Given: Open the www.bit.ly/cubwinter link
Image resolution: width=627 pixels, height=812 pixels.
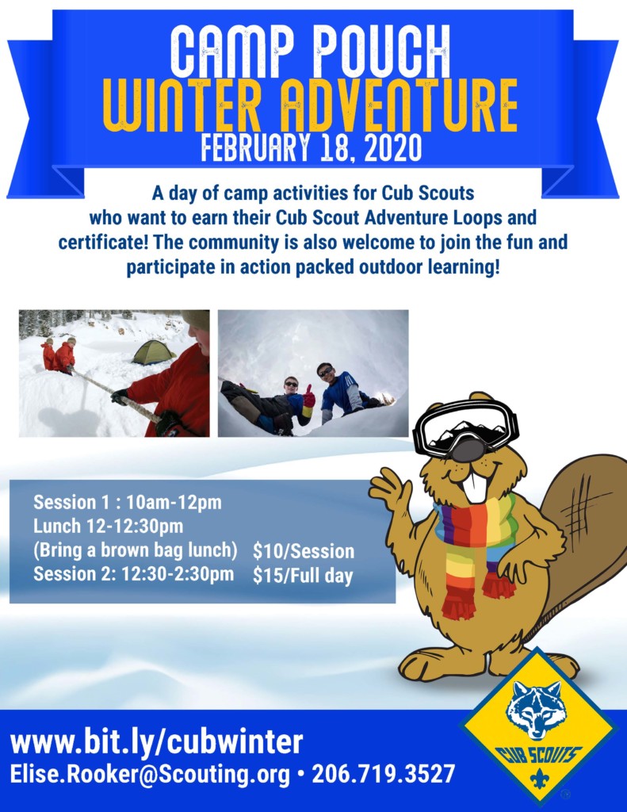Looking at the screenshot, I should pos(156,743).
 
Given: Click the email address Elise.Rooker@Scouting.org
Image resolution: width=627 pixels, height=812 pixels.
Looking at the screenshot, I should pos(150,775).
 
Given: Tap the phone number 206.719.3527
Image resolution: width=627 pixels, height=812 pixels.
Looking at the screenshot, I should pos(384,775).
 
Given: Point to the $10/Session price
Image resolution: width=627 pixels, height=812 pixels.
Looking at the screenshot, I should pos(304,551).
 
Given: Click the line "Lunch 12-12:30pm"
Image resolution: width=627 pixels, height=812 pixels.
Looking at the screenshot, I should pos(109,526).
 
